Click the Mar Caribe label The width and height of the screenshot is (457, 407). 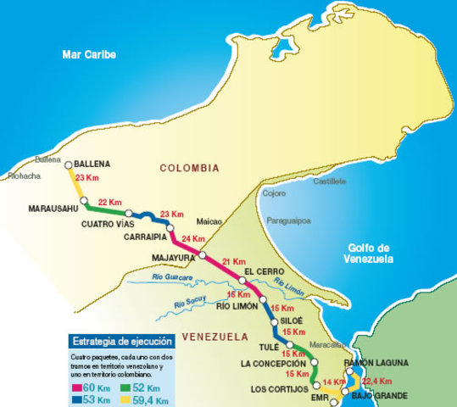[x=88, y=55]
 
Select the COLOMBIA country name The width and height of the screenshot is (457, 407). [x=189, y=168]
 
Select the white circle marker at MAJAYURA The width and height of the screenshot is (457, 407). [x=203, y=254]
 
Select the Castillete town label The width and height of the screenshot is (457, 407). [x=330, y=181]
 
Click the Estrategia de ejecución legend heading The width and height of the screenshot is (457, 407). [x=121, y=341]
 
